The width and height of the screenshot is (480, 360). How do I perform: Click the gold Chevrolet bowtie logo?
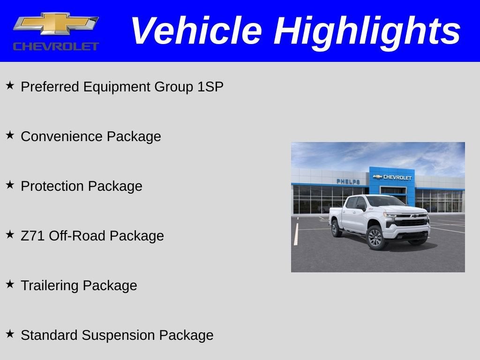tap(56, 23)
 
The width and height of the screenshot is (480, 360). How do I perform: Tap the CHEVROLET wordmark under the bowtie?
tap(56, 46)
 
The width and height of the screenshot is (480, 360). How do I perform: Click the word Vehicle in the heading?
tap(196, 31)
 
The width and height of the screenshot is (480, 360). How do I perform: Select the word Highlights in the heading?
tap(367, 31)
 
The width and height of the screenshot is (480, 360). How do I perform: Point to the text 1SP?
tap(210, 87)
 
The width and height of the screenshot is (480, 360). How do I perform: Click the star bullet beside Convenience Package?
tap(10, 135)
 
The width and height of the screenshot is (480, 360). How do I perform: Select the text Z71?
tap(33, 236)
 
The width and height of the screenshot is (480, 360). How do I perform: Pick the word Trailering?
tap(50, 285)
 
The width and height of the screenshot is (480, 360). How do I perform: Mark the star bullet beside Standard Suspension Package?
tap(10, 334)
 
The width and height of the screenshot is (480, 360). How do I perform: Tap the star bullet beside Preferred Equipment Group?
tap(10, 85)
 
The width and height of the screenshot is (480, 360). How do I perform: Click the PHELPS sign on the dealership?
tap(348, 181)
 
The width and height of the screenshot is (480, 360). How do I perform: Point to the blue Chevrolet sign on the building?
tap(392, 177)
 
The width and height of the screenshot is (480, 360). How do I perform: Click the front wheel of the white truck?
tap(375, 237)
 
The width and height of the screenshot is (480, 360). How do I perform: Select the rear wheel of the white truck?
tap(337, 228)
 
